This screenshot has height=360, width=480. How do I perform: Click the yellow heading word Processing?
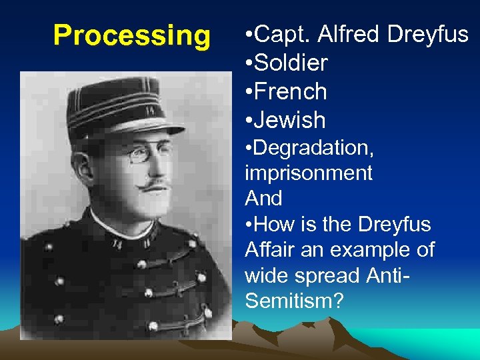pos(131,35)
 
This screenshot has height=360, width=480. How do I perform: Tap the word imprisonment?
pos(308,173)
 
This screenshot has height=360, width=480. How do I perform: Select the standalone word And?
pos(263,198)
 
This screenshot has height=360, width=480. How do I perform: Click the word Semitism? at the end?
pos(294,301)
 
